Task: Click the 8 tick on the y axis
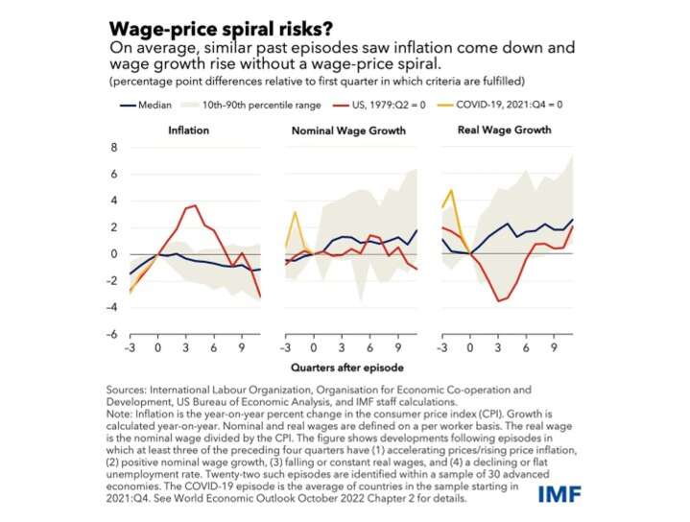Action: point(113,148)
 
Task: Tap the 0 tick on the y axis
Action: point(113,254)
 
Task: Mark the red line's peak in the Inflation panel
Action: point(196,205)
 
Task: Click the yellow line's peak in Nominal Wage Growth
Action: point(296,212)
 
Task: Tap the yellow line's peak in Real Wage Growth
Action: point(451,190)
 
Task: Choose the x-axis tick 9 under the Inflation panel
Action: point(241,348)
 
